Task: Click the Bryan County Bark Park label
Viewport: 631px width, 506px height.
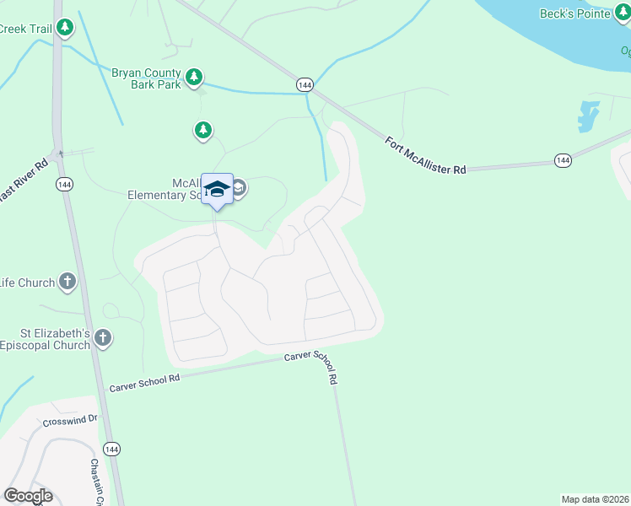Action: pos(146,78)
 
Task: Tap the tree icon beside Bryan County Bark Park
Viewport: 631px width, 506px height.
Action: pos(194,78)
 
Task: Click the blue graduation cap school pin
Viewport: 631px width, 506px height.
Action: pos(217,189)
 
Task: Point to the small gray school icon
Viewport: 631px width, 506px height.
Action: pos(238,188)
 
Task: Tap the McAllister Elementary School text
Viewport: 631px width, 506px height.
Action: pos(165,188)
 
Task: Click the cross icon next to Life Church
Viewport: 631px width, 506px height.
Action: pos(68,282)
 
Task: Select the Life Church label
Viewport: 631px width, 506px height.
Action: pos(27,283)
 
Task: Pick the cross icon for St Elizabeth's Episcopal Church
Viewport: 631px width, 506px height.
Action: pos(103,338)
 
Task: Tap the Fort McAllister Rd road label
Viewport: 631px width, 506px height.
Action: pos(425,156)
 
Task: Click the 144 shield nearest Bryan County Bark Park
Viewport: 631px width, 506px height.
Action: pos(305,84)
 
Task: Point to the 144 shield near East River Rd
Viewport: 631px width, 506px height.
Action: pos(63,184)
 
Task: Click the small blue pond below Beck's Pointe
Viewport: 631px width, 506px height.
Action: pos(588,115)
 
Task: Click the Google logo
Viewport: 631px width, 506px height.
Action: pos(28,496)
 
